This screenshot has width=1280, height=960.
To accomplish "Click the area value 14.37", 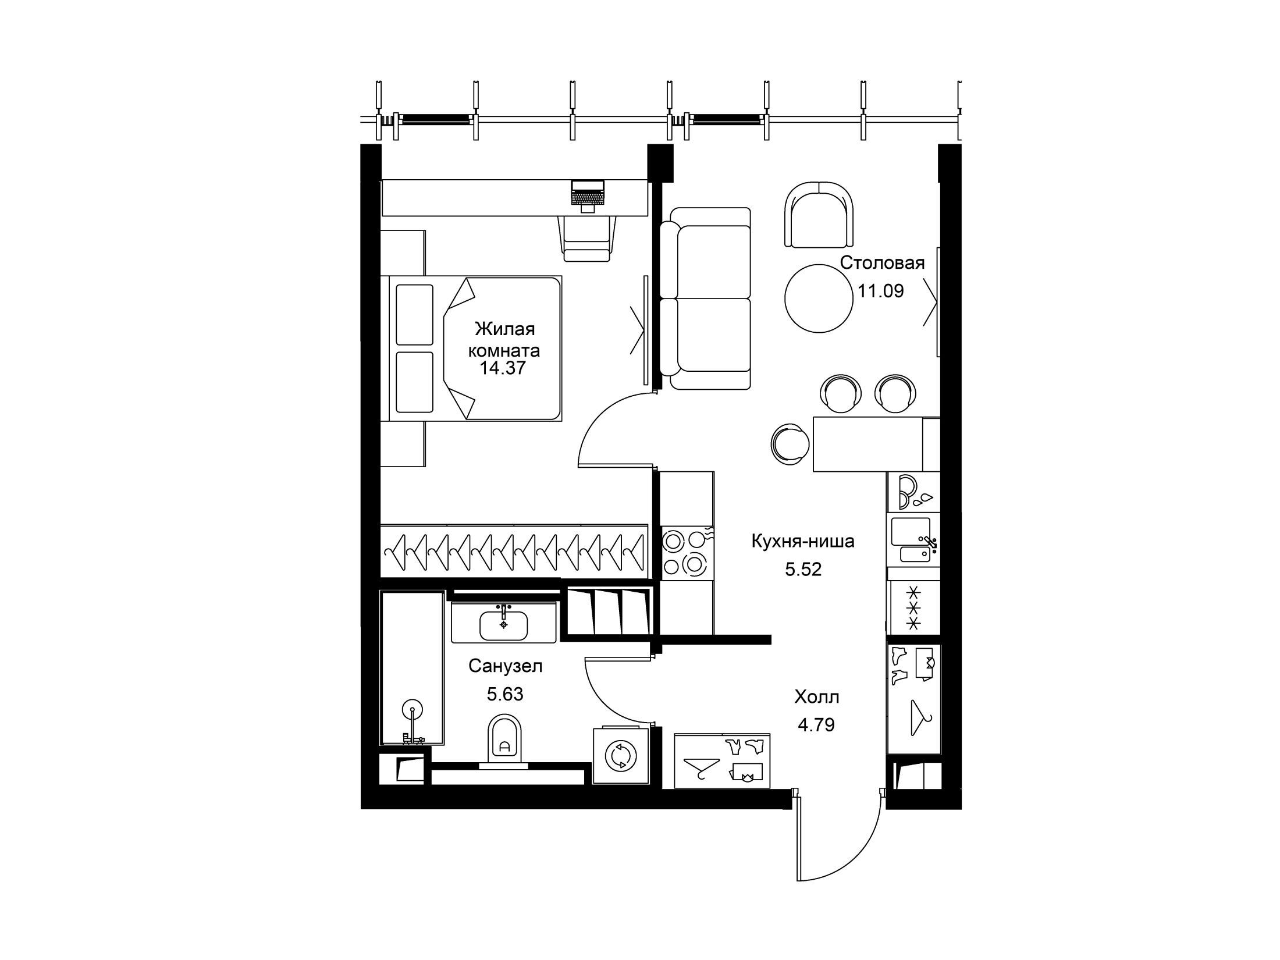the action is [x=503, y=368].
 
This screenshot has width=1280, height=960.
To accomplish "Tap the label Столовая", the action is [x=883, y=263].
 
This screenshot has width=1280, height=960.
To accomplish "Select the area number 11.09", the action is [x=881, y=291].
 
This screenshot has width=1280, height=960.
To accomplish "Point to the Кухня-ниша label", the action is [x=803, y=541].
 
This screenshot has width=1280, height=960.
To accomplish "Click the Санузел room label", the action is [x=506, y=666].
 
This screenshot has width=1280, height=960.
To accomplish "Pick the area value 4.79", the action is [x=816, y=725].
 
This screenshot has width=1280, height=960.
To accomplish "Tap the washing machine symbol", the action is [x=621, y=756].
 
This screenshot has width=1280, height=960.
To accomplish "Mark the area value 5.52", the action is [x=803, y=569].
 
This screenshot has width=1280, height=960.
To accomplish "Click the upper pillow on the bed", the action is [x=415, y=315].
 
